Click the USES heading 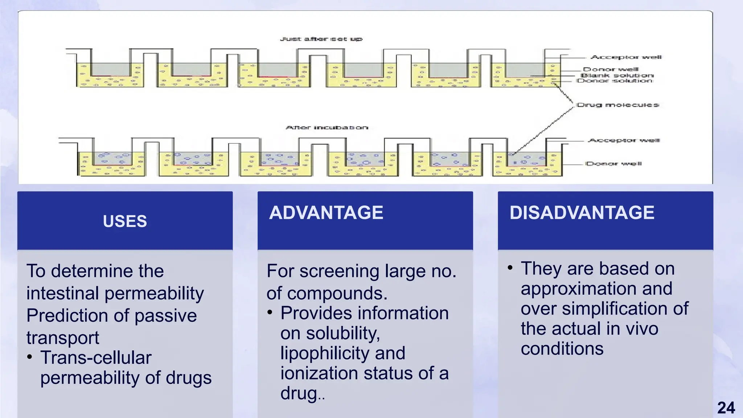(x=125, y=221)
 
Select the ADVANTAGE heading (x=326, y=213)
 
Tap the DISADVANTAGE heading (x=582, y=213)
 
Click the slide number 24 (x=726, y=408)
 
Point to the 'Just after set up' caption (x=321, y=39)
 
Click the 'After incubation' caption (x=327, y=128)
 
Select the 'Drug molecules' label (x=618, y=105)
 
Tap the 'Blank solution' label (x=617, y=75)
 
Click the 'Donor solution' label (x=615, y=81)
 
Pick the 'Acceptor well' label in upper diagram (x=626, y=57)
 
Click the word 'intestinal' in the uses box (x=62, y=293)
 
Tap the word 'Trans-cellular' (x=96, y=358)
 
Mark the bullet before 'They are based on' (x=510, y=268)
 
